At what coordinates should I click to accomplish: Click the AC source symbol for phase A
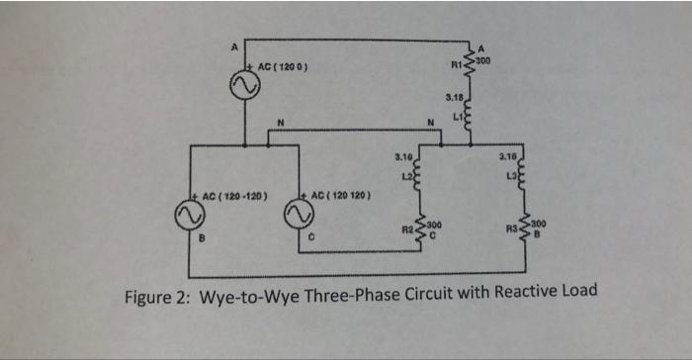(x=244, y=86)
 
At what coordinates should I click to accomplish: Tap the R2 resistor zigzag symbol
(x=421, y=230)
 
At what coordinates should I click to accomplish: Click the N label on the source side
(x=280, y=123)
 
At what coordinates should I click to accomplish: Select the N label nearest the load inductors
(x=432, y=123)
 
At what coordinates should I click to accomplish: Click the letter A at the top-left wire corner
(x=234, y=45)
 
